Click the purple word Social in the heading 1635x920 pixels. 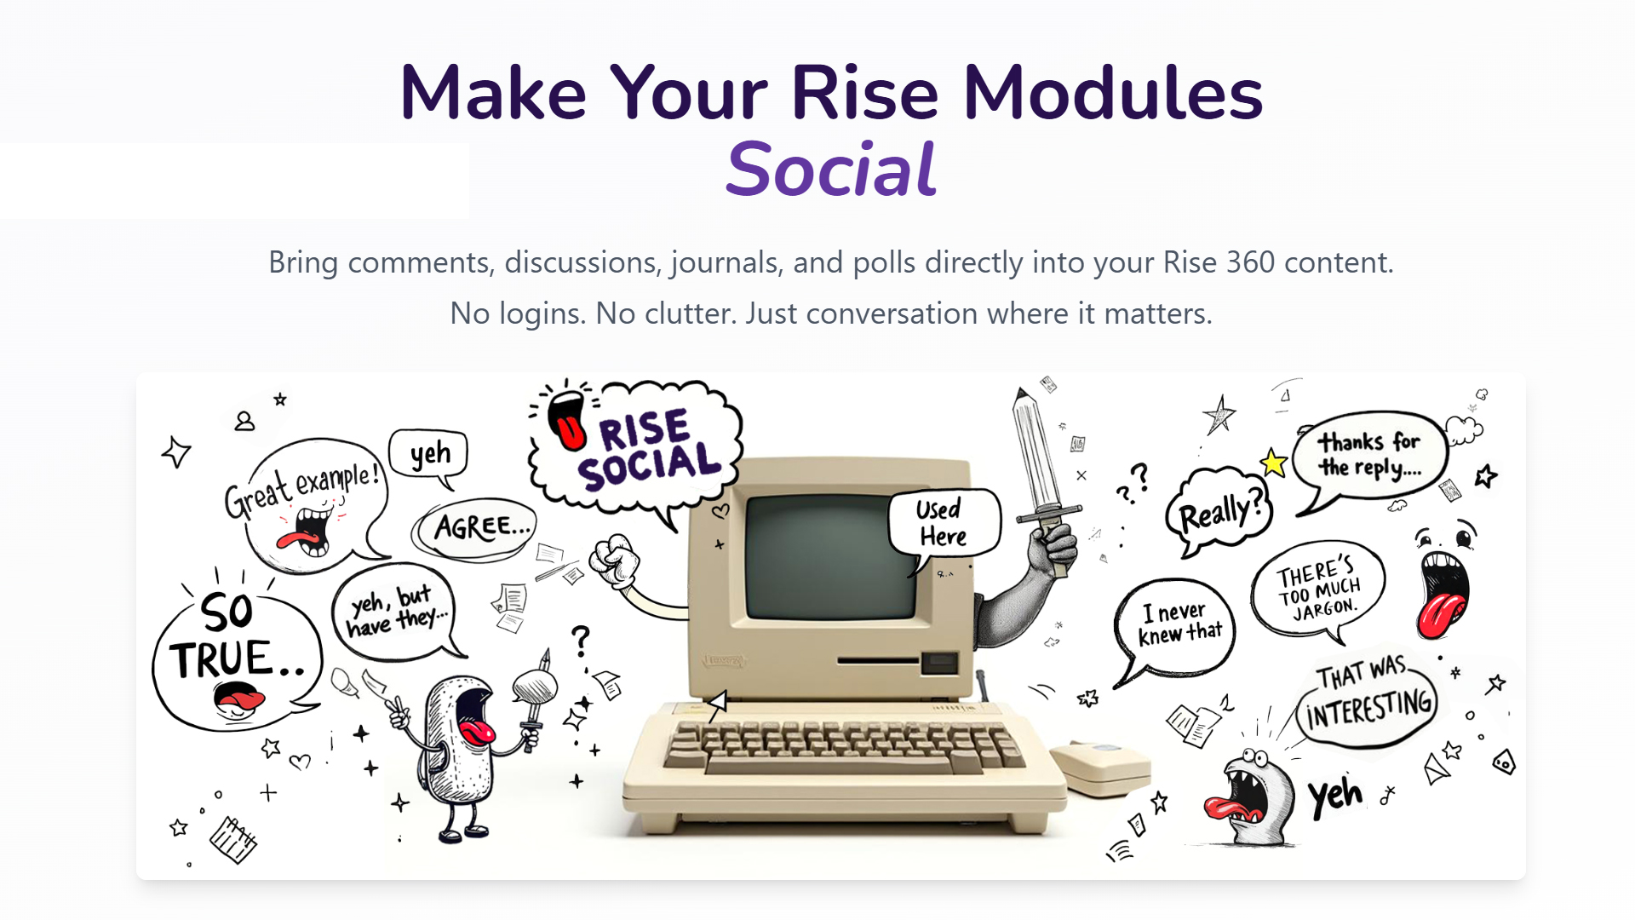pyautogui.click(x=831, y=169)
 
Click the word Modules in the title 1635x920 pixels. pyautogui.click(x=1113, y=93)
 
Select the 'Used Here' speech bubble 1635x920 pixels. pyautogui.click(x=944, y=523)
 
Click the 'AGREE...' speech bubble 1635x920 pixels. pyautogui.click(x=477, y=528)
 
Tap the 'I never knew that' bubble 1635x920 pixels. pyautogui.click(x=1175, y=627)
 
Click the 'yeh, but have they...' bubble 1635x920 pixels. pyautogui.click(x=396, y=612)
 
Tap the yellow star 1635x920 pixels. pyautogui.click(x=1273, y=463)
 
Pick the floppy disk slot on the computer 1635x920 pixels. pyautogui.click(x=878, y=660)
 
